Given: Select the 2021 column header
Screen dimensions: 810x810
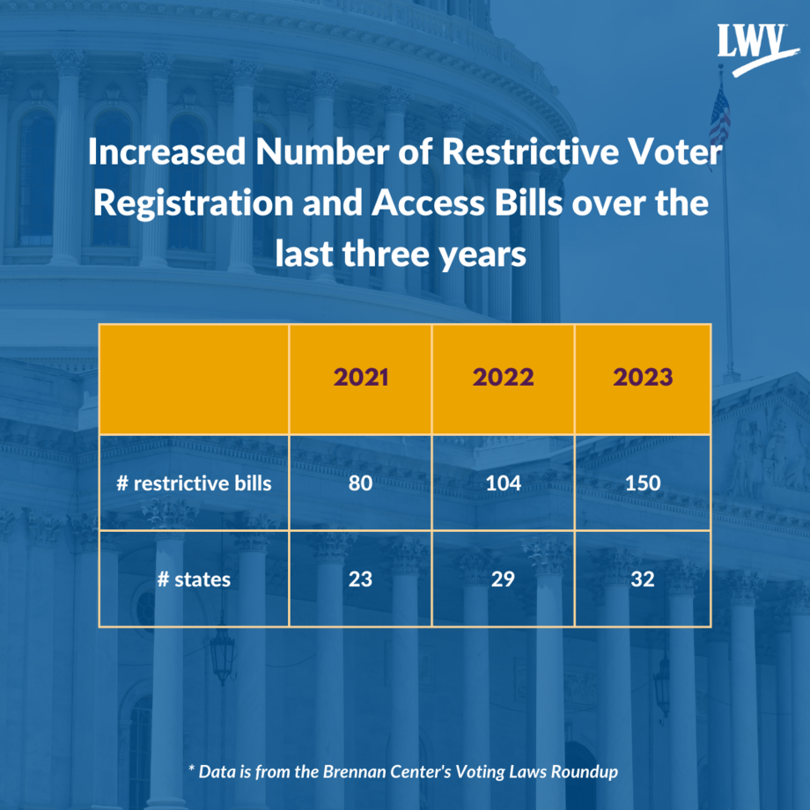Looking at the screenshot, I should pyautogui.click(x=360, y=378).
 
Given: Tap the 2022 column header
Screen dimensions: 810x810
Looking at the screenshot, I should pyautogui.click(x=503, y=378).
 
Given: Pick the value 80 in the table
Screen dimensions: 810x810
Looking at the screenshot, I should pyautogui.click(x=360, y=482).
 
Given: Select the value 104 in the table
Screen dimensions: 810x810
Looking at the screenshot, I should pyautogui.click(x=503, y=482).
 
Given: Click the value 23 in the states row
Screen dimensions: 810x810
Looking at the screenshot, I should pyautogui.click(x=360, y=578).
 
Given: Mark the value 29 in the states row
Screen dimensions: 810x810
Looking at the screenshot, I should pyautogui.click(x=503, y=578).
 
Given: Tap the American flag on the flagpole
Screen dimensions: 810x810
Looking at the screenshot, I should pyautogui.click(x=719, y=119).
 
